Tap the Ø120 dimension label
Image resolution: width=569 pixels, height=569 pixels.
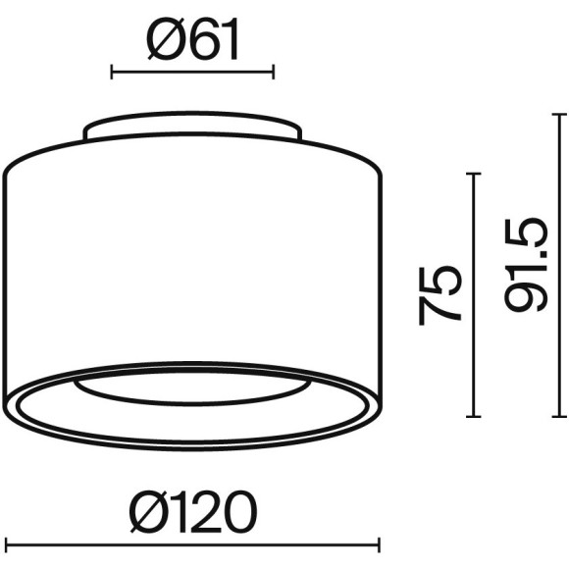pos(192,512)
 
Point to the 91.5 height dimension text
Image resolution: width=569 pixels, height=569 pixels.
pos(525,266)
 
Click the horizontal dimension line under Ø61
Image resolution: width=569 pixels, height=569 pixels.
pos(192,72)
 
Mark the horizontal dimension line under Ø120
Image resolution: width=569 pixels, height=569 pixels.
pos(192,543)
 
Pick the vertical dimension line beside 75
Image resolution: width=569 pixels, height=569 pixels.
pos(476,294)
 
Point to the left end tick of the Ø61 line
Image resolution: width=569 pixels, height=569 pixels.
pos(112,72)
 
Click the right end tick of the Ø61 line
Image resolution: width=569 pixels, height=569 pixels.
pos(273,72)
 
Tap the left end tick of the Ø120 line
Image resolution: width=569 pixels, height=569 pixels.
pos(7,543)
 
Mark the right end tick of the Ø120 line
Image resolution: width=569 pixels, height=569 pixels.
pos(378,543)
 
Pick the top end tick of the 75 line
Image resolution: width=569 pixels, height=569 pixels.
pos(476,175)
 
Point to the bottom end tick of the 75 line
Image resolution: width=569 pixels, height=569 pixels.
pos(476,415)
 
